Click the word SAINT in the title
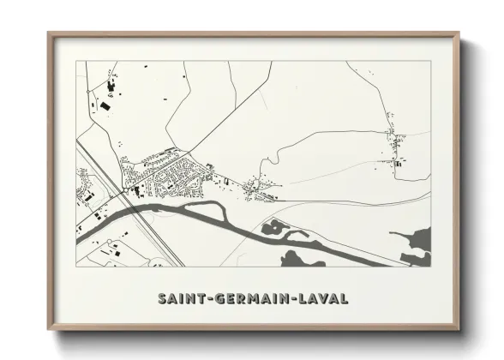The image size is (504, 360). [x=177, y=299]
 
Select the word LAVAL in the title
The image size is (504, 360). [x=324, y=299]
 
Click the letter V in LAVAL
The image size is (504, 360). [x=325, y=299]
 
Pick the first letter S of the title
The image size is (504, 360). [x=162, y=299]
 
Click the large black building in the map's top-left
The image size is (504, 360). [x=105, y=106]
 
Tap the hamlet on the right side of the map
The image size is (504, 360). [x=395, y=147]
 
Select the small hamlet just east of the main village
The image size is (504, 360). [x=257, y=188]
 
